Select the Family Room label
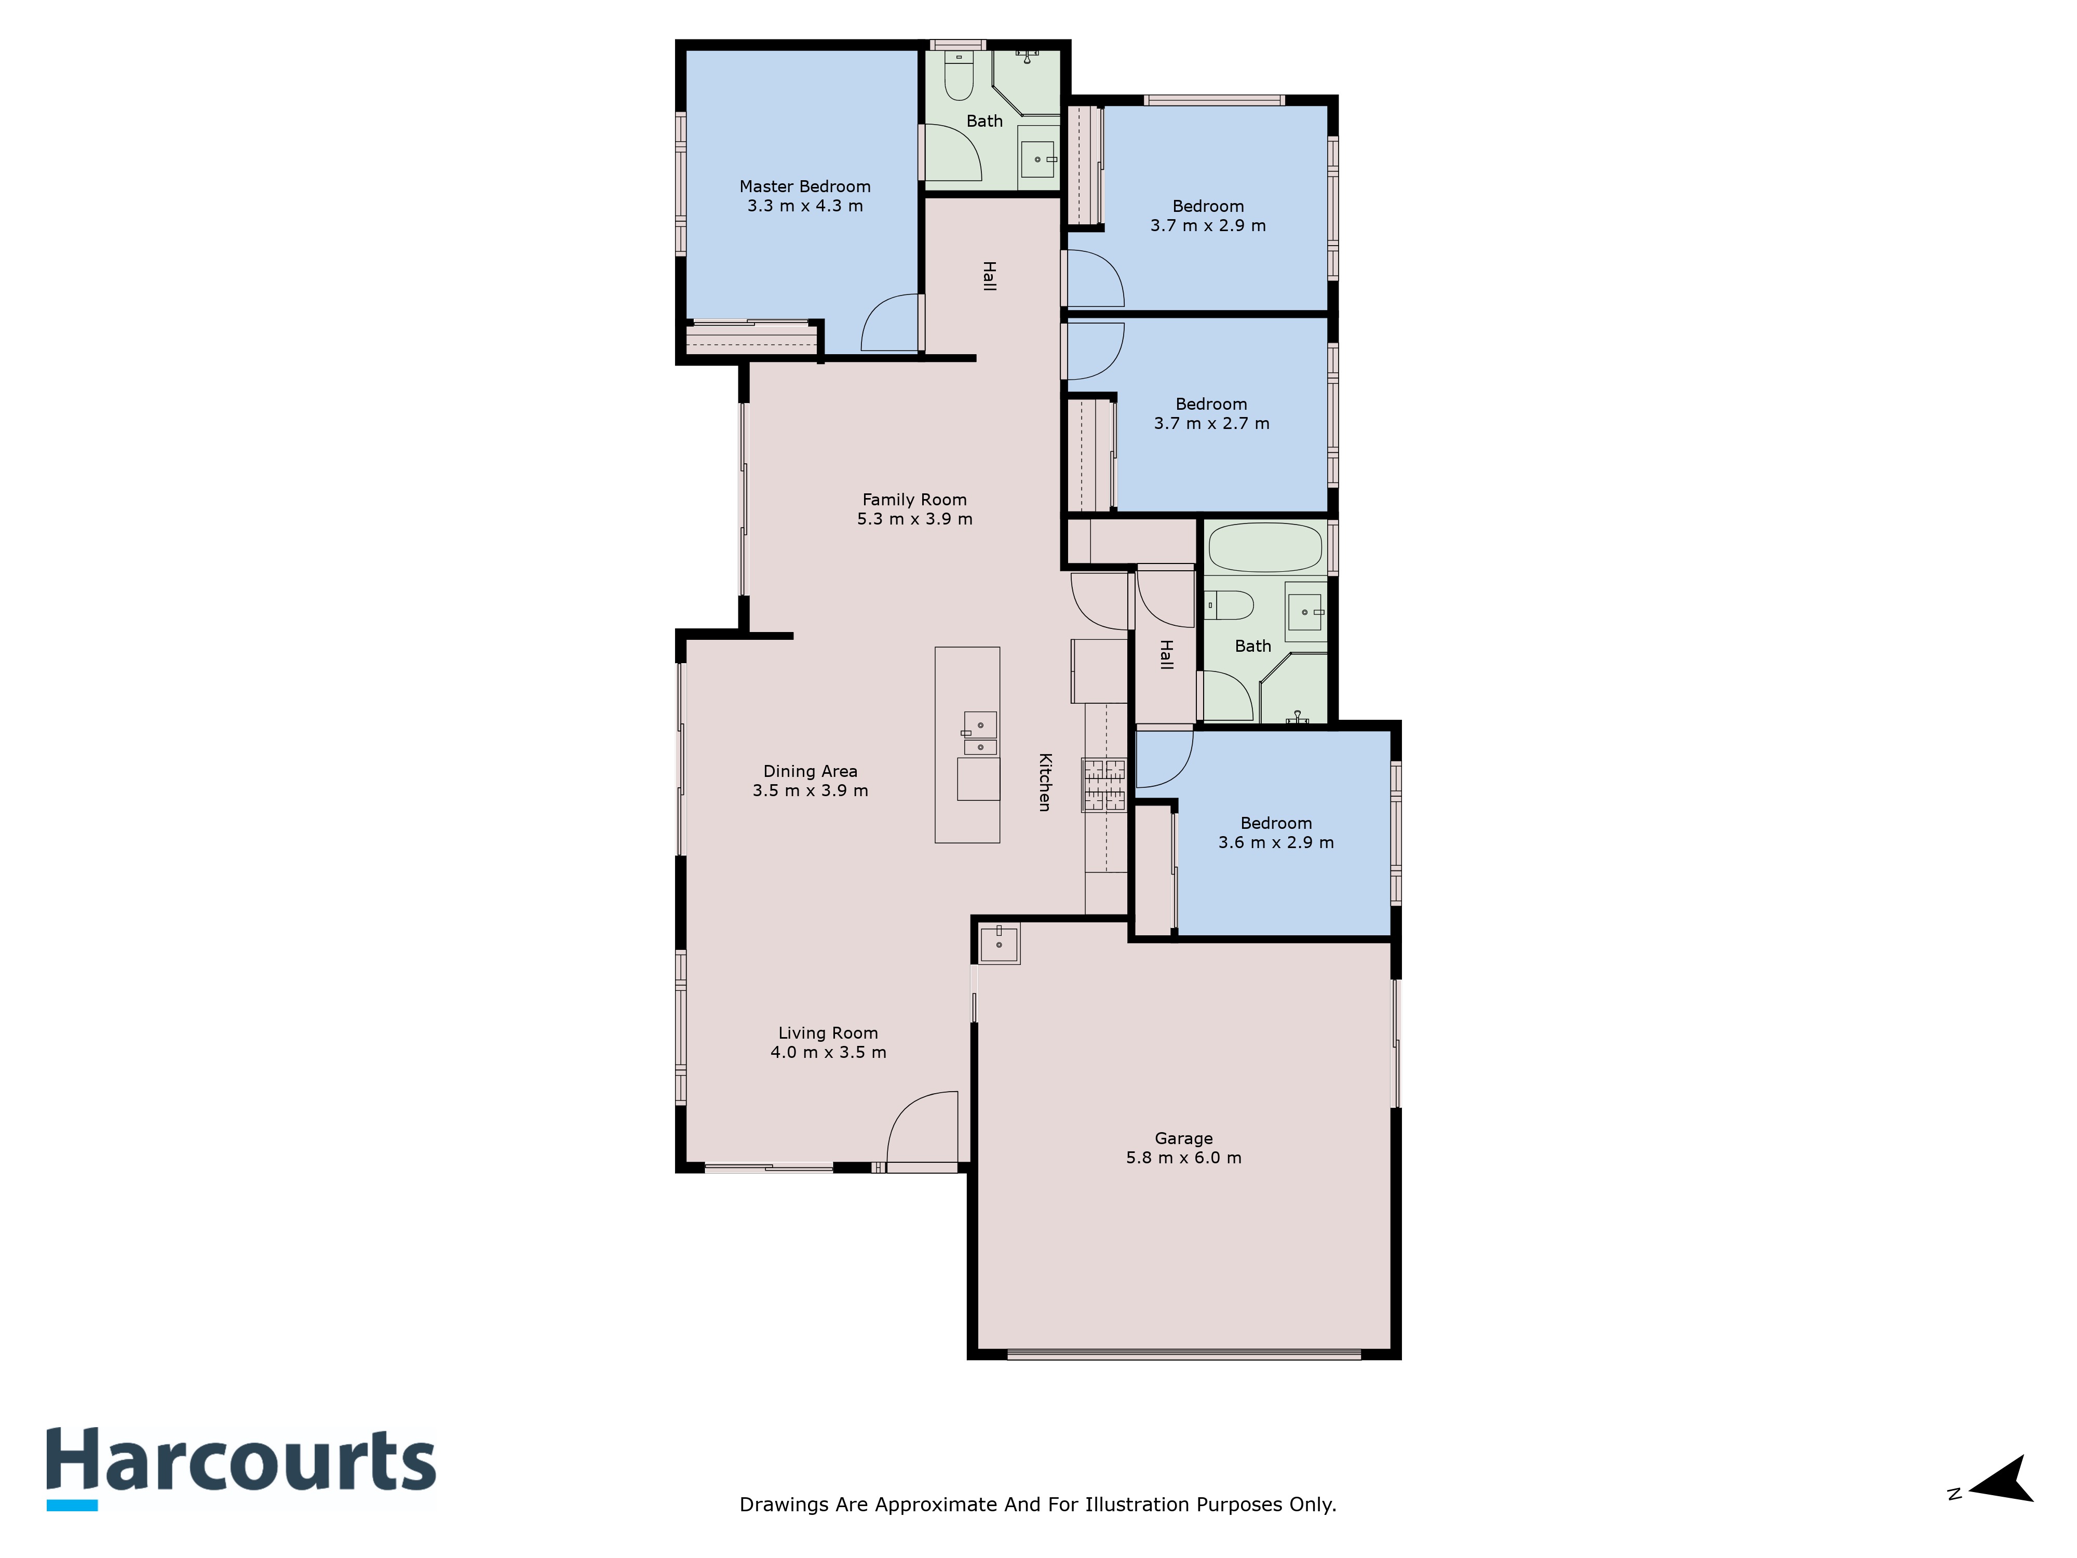[914, 500]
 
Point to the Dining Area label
[811, 771]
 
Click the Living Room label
[828, 1033]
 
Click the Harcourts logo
[241, 1467]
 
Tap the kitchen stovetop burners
[1103, 785]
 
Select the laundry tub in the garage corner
[999, 944]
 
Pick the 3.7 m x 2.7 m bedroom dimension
[1211, 424]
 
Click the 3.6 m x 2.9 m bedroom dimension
[1276, 842]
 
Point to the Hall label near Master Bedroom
[989, 276]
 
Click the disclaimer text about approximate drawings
[1037, 1505]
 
